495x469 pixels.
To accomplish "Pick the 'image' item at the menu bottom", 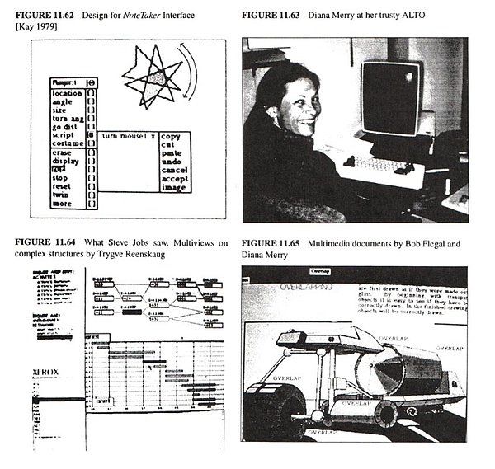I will coord(172,187).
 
